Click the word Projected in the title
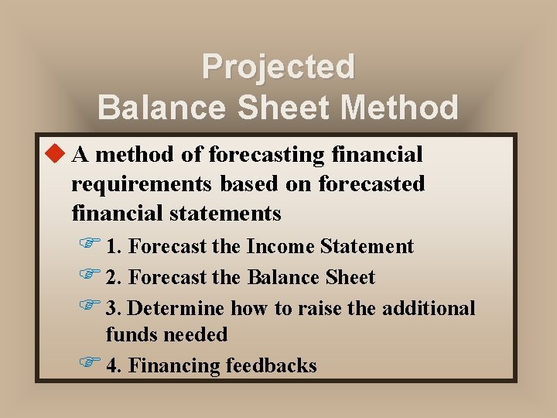[x=278, y=67]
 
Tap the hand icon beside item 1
[x=91, y=245]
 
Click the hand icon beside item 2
[x=91, y=276]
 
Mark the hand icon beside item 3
[x=91, y=307]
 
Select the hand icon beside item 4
[x=91, y=365]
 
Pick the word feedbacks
[x=271, y=365]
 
